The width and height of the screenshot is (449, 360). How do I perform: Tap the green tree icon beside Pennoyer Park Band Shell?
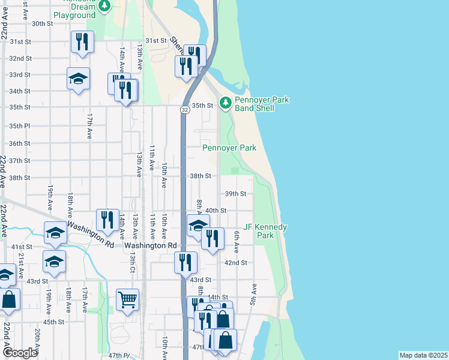click(x=226, y=103)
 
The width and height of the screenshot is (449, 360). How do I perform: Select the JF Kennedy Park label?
click(x=265, y=231)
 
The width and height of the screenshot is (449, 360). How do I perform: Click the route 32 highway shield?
click(x=185, y=110)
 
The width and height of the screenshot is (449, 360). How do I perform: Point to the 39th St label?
click(x=236, y=194)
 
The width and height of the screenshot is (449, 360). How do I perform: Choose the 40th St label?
click(x=215, y=211)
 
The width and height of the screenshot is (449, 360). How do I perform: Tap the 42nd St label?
click(x=236, y=263)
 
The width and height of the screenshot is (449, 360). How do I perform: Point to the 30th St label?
click(x=43, y=23)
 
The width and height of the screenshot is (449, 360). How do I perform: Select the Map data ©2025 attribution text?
click(x=423, y=355)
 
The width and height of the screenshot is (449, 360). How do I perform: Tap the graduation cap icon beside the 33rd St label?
click(x=78, y=79)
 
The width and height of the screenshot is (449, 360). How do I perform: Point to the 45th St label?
click(x=53, y=322)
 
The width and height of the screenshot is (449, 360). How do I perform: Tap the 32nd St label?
click(x=20, y=58)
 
